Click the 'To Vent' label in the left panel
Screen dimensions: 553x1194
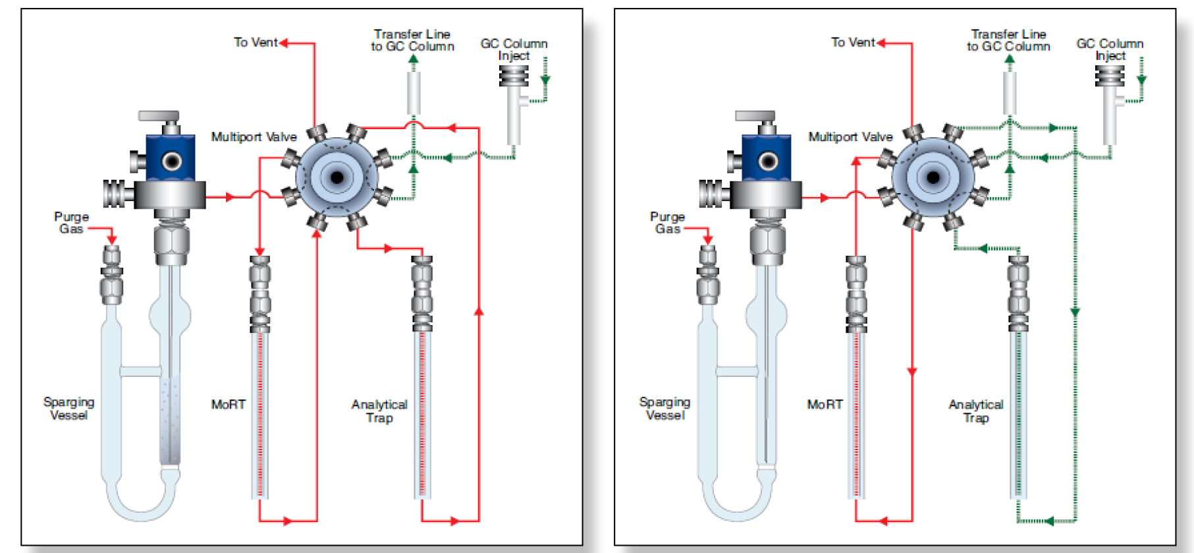coord(256,42)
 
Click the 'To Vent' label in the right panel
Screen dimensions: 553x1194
coord(852,42)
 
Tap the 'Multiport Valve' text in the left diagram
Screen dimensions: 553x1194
coord(254,137)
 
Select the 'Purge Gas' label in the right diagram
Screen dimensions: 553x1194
coord(666,223)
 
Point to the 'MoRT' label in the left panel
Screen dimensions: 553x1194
coord(228,405)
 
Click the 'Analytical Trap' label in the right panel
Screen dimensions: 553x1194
coord(975,411)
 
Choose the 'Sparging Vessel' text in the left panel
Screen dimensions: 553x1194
coord(68,409)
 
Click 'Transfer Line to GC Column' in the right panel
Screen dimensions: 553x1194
coord(1008,40)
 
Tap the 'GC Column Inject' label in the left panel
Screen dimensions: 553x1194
coord(514,49)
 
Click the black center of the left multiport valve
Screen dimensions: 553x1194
coord(337,177)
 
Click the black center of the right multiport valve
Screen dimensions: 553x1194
coord(933,177)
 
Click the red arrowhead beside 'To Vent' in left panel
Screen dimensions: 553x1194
coord(284,43)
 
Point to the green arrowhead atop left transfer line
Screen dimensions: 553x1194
coord(414,59)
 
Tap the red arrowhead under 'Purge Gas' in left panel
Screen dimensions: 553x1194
coord(112,239)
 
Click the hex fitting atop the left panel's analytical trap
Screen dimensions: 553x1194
coord(421,271)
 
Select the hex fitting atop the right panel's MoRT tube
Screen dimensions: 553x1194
coord(856,271)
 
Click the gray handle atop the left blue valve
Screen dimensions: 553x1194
coord(159,116)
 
